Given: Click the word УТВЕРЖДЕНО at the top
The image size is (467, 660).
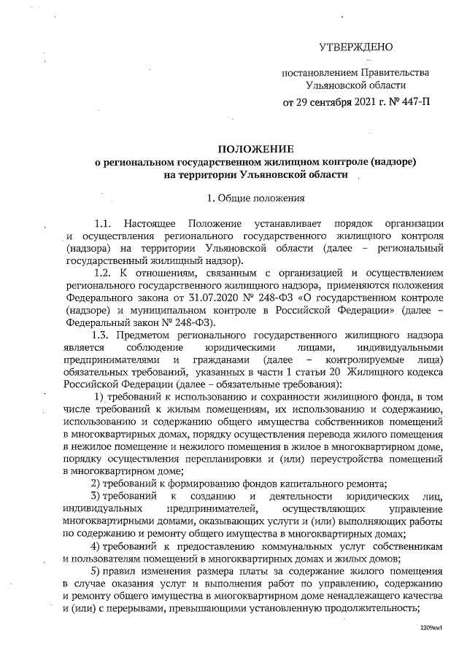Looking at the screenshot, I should point(356,47).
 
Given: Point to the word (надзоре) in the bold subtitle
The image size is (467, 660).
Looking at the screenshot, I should point(392,161).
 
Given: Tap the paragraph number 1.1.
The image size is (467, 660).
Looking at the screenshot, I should point(101,222).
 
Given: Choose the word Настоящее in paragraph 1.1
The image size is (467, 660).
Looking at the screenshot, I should point(149,222).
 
